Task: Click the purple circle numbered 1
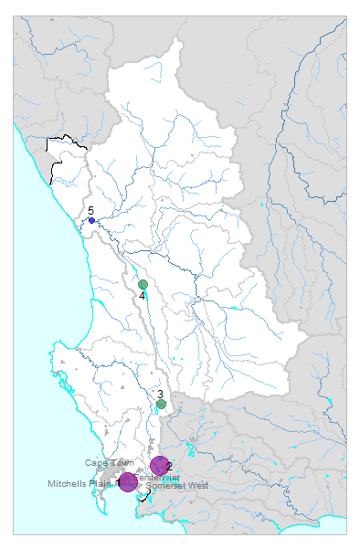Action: (128, 482)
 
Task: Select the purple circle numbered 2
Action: (160, 466)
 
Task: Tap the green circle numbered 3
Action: (161, 404)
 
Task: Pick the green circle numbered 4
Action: (143, 285)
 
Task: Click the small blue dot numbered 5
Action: (91, 220)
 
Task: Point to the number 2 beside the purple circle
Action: (170, 466)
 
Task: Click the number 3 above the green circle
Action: (160, 394)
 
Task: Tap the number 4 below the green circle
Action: (143, 296)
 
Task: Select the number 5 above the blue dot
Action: (90, 211)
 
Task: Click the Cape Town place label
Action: (110, 463)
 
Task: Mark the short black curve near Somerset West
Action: (148, 494)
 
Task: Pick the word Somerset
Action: (165, 485)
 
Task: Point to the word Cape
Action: (96, 463)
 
